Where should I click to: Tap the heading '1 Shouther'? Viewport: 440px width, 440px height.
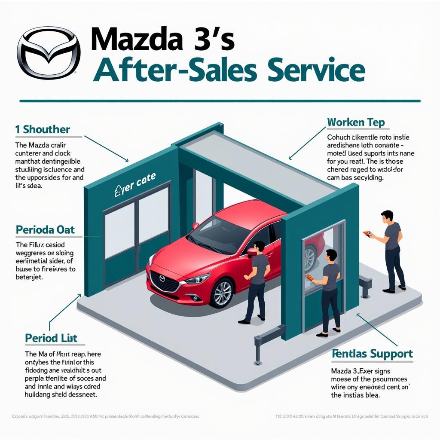(42, 129)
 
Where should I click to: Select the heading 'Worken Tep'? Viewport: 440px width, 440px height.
(355, 122)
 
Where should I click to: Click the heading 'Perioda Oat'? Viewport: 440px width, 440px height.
(45, 229)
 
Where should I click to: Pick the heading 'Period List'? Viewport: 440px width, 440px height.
(51, 338)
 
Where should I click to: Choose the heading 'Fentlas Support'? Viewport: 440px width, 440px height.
(372, 354)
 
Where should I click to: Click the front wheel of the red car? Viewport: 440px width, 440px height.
(223, 293)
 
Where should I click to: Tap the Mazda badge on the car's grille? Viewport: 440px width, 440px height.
(162, 278)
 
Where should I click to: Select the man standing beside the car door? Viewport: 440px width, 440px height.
(256, 281)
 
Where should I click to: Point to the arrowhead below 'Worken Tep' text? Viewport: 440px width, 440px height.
(290, 158)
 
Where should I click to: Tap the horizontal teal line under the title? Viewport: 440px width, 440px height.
(220, 101)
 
